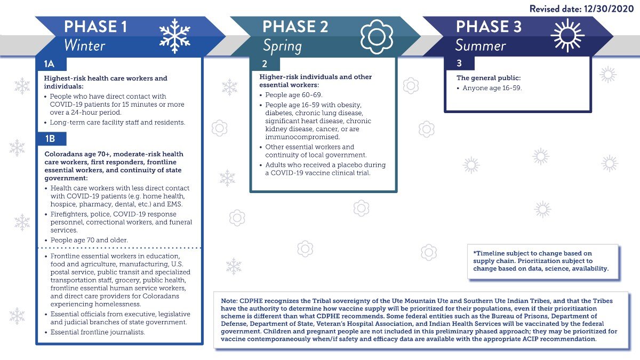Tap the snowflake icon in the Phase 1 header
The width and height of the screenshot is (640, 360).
click(175, 36)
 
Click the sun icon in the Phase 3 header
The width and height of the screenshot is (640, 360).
click(567, 35)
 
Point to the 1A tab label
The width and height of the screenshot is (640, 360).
click(50, 63)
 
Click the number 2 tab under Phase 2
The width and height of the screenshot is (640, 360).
click(265, 63)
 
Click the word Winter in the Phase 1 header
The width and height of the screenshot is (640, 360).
click(84, 45)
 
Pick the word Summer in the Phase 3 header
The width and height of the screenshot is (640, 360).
click(480, 46)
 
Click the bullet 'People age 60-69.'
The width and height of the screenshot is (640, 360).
click(291, 95)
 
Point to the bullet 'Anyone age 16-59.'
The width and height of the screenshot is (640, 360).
click(491, 88)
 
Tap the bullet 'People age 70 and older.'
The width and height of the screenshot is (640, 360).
click(89, 240)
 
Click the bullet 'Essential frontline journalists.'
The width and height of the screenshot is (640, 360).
click(98, 332)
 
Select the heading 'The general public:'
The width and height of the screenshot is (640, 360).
click(489, 78)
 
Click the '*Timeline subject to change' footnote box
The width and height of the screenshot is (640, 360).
click(542, 261)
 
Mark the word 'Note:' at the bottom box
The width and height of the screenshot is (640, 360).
click(230, 301)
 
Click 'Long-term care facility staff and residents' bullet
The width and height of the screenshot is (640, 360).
click(117, 122)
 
